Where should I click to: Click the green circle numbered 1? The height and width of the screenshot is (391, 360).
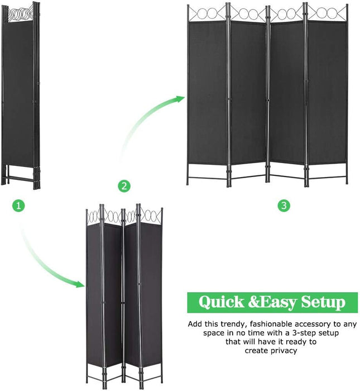pos(18,206)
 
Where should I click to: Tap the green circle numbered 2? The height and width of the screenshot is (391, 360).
pos(124,186)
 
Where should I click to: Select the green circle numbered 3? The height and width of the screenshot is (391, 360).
pos(284,206)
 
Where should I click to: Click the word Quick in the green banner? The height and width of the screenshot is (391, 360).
pos(221,302)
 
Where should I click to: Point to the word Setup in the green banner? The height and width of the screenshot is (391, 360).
pos(323,303)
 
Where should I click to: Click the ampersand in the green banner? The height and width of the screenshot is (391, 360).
pos(254,302)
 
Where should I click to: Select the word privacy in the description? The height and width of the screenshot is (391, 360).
pos(284,351)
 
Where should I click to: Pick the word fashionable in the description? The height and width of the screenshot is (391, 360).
pos(271,324)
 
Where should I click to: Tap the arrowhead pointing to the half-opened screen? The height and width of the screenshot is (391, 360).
pos(80,284)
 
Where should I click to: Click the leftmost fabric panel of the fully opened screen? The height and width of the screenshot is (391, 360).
pos(208,93)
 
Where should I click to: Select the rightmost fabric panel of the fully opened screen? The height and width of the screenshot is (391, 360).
pos(327,93)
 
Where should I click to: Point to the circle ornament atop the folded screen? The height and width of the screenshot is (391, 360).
pos(21,14)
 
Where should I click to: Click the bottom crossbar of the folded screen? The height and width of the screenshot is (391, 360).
pos(21,179)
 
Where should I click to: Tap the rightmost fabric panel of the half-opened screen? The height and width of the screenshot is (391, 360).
pos(151,294)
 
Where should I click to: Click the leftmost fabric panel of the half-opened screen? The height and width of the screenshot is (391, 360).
pos(94,295)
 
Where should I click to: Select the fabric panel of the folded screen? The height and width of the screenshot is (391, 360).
pos(17,93)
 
